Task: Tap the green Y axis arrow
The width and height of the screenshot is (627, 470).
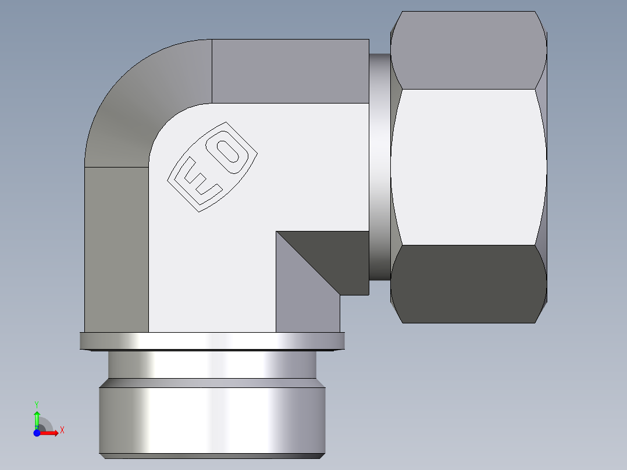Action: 37,418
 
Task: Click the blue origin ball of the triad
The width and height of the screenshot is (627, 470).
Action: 37,433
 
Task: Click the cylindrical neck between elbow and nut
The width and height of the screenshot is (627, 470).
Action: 379,166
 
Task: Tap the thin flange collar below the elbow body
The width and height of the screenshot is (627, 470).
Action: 212,341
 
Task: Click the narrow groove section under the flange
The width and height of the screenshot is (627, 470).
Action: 212,365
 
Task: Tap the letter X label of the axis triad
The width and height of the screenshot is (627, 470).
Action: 62,430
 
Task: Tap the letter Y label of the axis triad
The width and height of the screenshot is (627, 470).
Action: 37,404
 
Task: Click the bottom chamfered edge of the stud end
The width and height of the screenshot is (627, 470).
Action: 212,456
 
